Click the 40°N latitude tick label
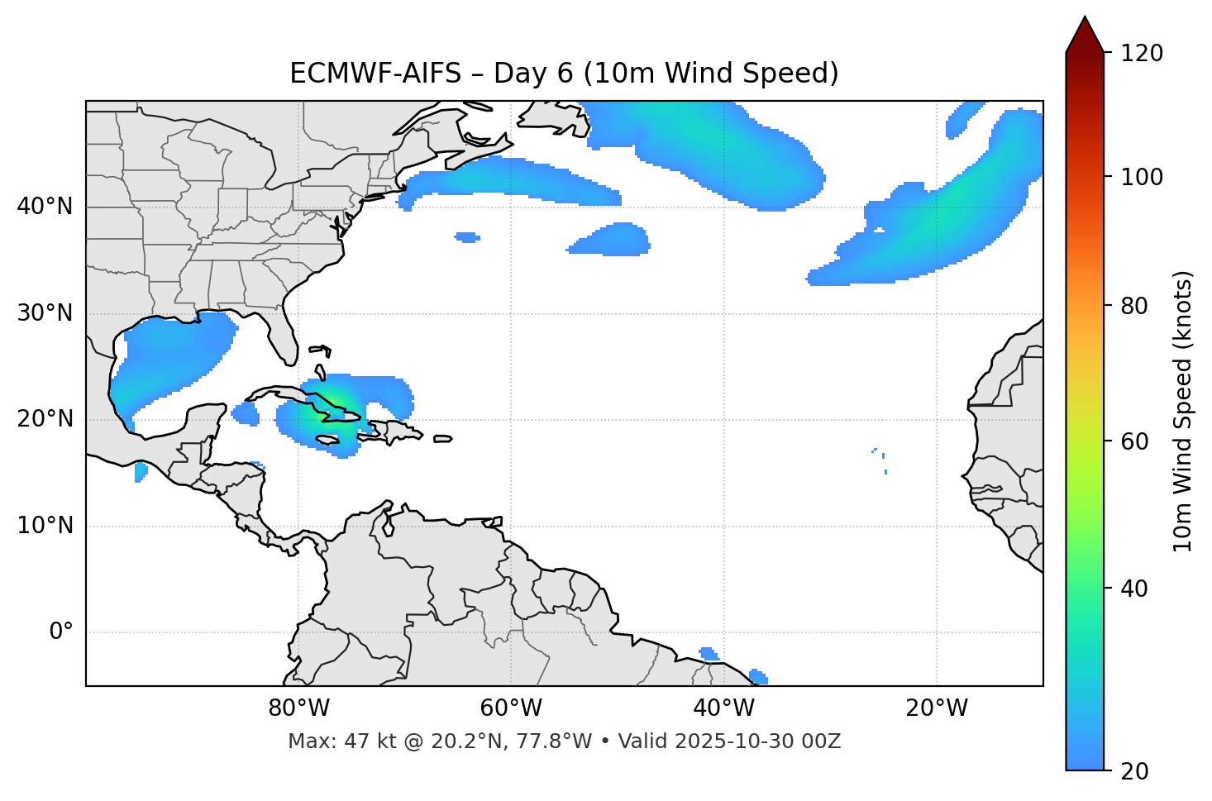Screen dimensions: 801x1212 click(x=45, y=207)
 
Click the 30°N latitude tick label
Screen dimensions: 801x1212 click(x=45, y=313)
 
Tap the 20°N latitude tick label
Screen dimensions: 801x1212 click(x=45, y=419)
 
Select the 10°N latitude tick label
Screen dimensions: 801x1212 click(x=45, y=526)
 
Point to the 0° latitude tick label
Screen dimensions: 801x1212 click(x=61, y=632)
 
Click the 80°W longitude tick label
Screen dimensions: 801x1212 click(x=298, y=708)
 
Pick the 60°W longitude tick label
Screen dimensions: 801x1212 click(x=511, y=708)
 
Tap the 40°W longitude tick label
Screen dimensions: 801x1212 click(x=723, y=708)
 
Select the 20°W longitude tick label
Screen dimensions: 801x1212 click(x=936, y=708)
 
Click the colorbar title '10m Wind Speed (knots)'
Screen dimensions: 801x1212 click(x=1183, y=411)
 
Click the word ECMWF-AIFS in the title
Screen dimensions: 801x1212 click(x=375, y=74)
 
